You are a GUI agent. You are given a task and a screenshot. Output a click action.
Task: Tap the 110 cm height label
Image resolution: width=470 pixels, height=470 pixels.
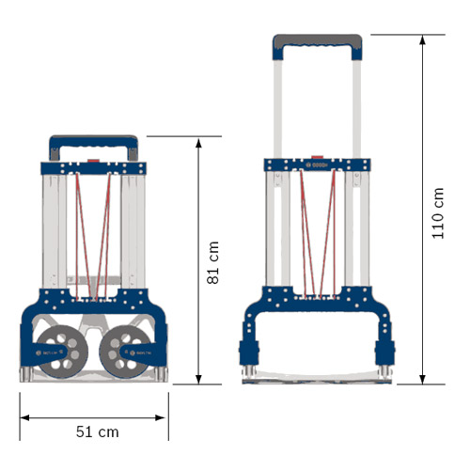pos(438,212)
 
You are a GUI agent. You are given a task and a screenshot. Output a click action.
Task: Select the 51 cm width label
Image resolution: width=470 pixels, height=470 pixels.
pos(97,431)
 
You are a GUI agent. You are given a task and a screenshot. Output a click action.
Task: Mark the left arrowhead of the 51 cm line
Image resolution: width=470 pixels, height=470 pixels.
pos(23,415)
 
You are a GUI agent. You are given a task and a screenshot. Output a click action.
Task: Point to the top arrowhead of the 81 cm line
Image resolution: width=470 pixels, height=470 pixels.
pos(198,142)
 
